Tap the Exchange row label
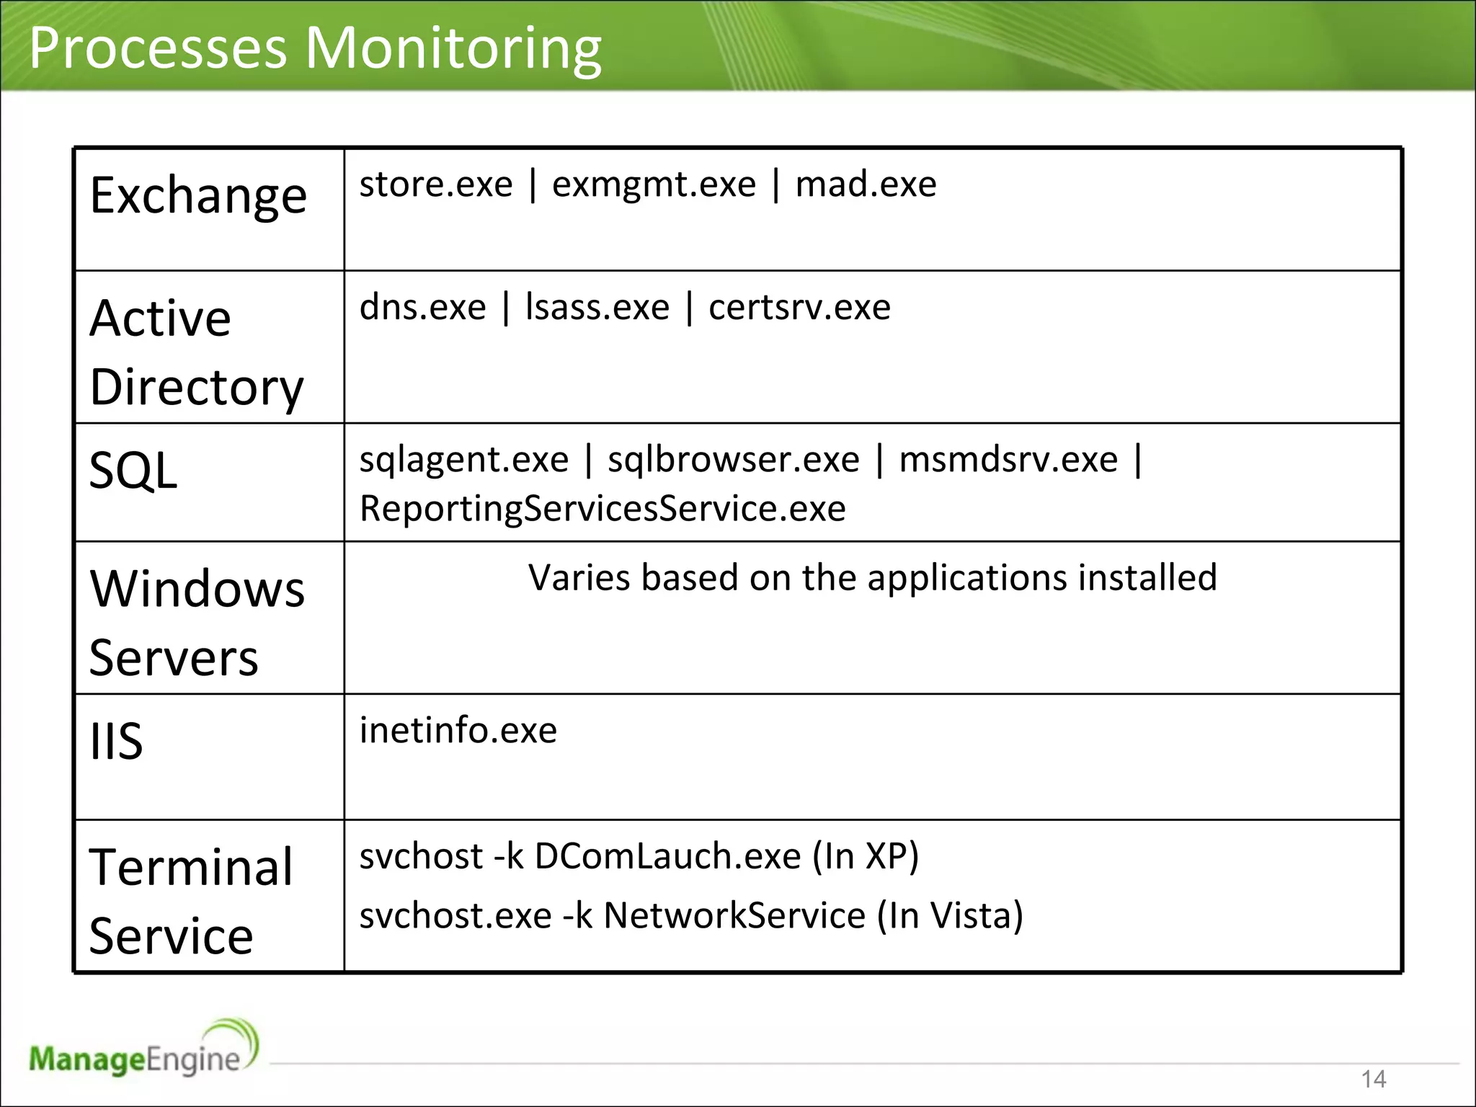(x=198, y=195)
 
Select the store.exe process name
(x=435, y=184)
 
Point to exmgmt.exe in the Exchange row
(x=654, y=184)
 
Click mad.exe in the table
(x=866, y=184)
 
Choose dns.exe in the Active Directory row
(x=423, y=308)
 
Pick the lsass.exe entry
(x=597, y=308)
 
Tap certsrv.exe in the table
(x=799, y=308)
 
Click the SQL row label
(x=133, y=471)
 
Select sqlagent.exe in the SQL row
(x=464, y=460)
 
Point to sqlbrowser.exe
(x=734, y=460)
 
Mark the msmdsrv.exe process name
(x=1008, y=460)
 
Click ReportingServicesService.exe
(x=603, y=509)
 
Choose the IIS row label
(x=116, y=741)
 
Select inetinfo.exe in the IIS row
(x=458, y=731)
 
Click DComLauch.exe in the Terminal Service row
(x=667, y=857)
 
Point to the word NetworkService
(x=734, y=916)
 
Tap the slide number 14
(x=1374, y=1079)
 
